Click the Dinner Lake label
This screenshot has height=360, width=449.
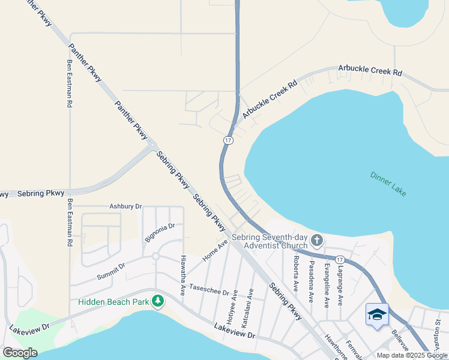388,184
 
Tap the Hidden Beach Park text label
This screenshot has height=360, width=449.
113,301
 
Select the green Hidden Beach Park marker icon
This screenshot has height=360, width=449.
158,300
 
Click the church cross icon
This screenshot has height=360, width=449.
317,241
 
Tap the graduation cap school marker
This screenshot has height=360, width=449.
377,315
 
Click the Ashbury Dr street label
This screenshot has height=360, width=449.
125,206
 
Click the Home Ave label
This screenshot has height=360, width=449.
215,250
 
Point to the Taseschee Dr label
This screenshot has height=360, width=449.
209,289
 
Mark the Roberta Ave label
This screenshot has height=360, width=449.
296,270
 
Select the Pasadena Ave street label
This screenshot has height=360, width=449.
311,281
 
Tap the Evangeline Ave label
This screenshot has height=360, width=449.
327,285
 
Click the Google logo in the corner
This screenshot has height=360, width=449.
20,353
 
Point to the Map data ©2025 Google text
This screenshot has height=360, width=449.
412,355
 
